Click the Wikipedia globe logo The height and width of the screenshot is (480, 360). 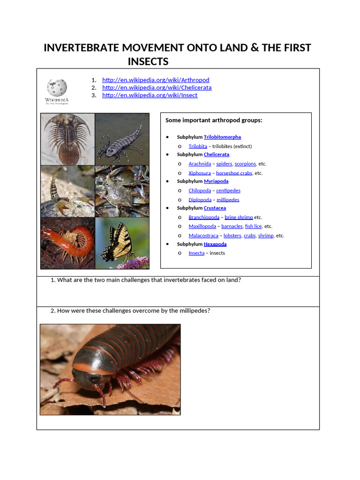[57, 88]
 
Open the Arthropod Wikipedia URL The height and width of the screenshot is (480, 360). [156, 80]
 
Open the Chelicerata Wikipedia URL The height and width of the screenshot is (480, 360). [157, 88]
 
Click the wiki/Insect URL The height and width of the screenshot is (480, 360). [150, 95]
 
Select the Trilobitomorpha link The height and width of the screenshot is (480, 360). [222, 137]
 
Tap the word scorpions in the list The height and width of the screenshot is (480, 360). [245, 164]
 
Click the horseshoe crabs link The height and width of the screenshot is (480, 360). [234, 173]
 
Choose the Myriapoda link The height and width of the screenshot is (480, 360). [216, 181]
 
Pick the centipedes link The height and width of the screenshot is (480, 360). [228, 191]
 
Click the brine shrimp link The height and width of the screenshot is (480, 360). [239, 217]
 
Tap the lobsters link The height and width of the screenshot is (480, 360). [232, 236]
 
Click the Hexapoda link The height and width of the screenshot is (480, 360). [215, 244]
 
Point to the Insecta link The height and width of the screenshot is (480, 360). [196, 253]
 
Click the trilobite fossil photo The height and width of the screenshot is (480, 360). [67, 139]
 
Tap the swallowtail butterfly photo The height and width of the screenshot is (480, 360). [122, 243]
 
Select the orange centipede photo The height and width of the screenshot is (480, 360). [67, 243]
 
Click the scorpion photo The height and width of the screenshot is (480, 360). [67, 191]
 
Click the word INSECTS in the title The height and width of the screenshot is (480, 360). [148, 62]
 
